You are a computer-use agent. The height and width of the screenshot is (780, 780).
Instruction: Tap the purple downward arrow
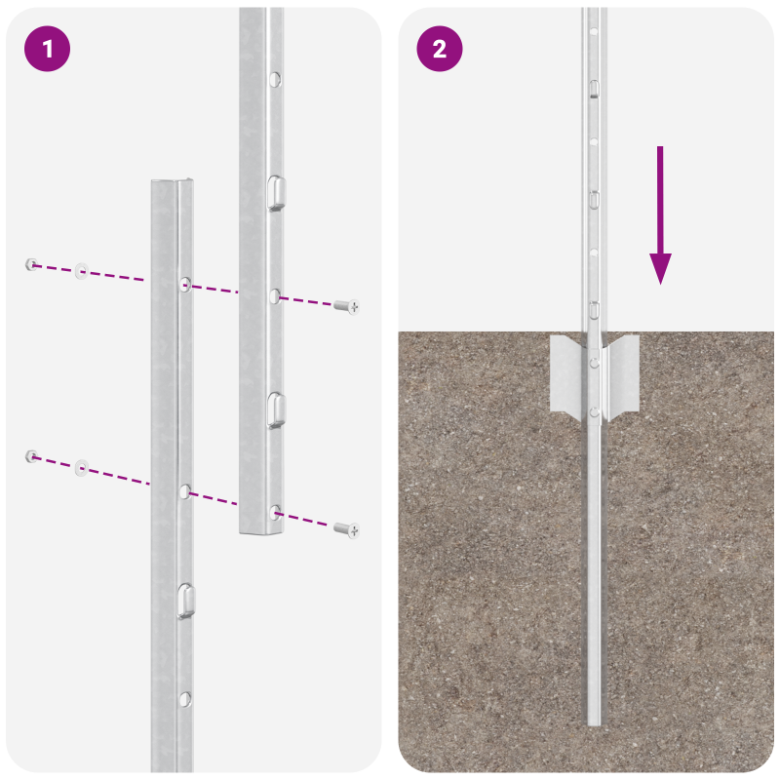(660, 214)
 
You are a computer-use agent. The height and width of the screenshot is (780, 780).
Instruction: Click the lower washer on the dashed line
(81, 468)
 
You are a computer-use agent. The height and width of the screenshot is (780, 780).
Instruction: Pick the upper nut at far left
(32, 263)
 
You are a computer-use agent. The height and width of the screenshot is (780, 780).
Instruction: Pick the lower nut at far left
(32, 455)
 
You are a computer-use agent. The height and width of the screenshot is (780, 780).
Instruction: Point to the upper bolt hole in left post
(184, 284)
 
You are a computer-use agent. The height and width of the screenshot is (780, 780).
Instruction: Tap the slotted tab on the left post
(185, 602)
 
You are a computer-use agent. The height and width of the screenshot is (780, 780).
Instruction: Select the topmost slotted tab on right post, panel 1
(276, 192)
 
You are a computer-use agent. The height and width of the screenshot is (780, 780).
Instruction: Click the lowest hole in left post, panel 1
(185, 698)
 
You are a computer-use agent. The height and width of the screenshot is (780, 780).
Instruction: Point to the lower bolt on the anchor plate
(593, 412)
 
